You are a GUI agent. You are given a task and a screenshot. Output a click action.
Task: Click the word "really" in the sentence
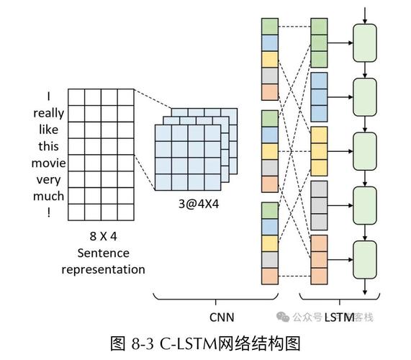click(x=48, y=113)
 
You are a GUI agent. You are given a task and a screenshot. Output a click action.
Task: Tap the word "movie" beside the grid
click(x=48, y=163)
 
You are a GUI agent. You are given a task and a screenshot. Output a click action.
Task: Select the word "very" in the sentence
click(x=48, y=179)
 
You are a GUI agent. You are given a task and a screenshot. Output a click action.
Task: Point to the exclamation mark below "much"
click(x=48, y=212)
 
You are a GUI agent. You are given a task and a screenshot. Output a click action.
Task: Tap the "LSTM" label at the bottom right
click(x=339, y=317)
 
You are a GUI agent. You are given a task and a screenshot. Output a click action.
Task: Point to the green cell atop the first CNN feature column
click(x=269, y=27)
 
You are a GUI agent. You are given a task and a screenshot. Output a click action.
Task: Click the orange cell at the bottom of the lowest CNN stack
click(x=269, y=275)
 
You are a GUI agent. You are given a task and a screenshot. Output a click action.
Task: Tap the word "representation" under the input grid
click(x=102, y=269)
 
